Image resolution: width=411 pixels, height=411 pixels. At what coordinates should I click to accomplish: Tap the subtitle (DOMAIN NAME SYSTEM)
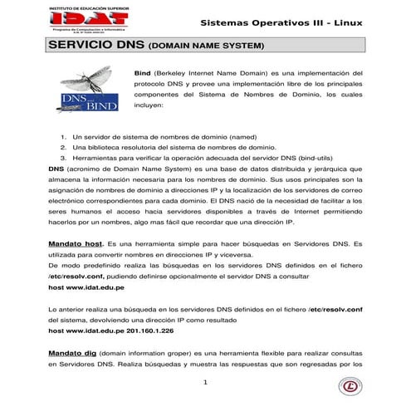[206, 46]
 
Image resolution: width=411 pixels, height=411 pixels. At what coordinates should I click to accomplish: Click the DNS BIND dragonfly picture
[90, 91]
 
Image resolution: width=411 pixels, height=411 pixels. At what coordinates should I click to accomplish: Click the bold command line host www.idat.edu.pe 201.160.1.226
[110, 330]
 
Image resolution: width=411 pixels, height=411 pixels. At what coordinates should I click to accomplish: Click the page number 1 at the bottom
[205, 382]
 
